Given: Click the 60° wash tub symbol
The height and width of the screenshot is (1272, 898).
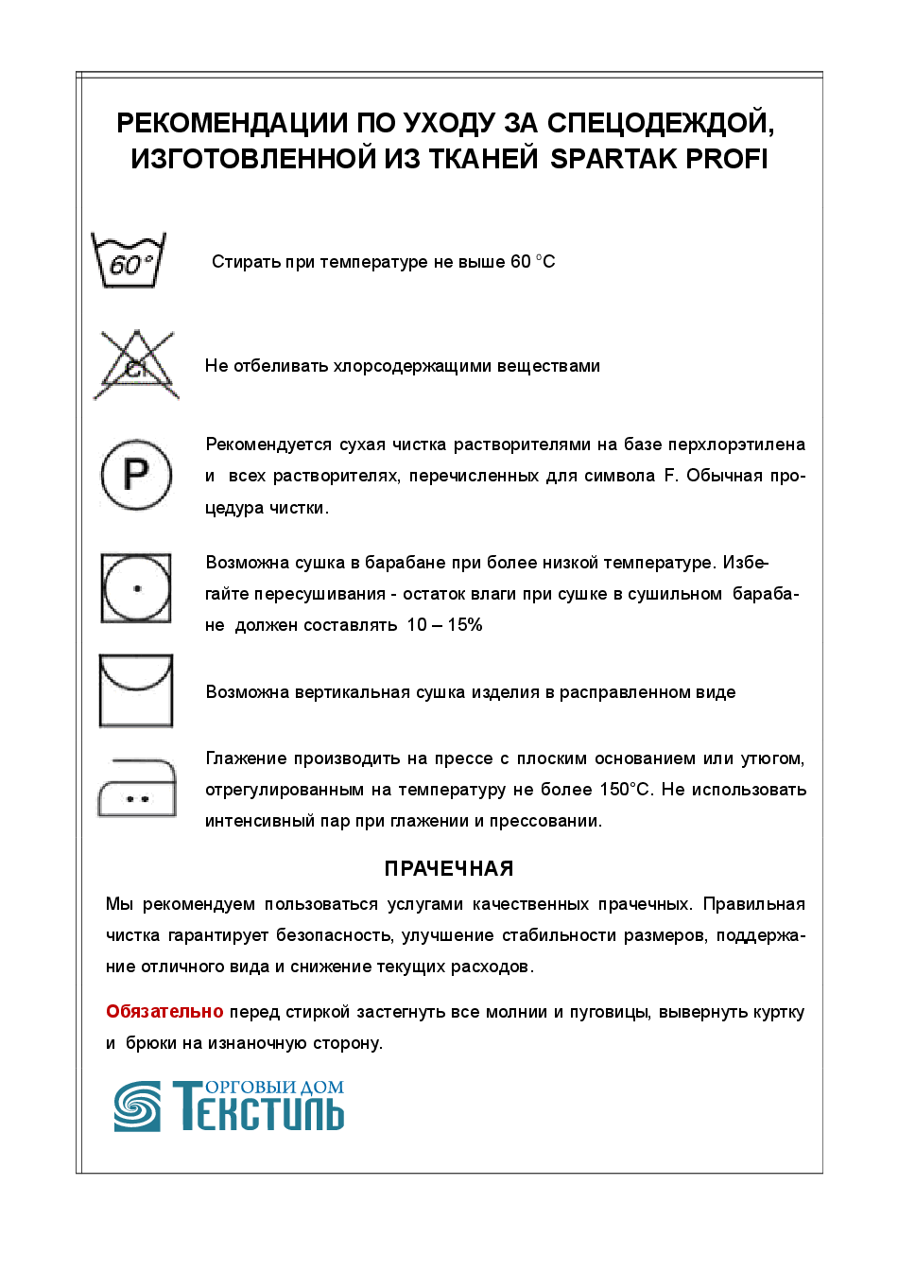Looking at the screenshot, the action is (129, 261).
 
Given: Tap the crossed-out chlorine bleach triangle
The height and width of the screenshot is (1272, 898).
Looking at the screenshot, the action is (136, 364).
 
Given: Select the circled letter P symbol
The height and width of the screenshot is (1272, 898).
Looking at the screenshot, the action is (136, 474).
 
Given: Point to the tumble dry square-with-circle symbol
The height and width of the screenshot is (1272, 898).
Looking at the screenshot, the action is (136, 588).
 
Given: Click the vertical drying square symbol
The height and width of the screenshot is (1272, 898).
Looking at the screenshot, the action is (136, 690).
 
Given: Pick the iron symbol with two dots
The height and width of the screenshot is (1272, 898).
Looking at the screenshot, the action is (137, 788).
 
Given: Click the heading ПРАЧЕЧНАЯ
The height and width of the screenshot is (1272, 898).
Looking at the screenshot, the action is (449, 868).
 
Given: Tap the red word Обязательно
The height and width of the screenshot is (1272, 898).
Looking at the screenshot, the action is (164, 1011).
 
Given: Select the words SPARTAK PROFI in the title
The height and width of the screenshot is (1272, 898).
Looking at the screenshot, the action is (659, 159).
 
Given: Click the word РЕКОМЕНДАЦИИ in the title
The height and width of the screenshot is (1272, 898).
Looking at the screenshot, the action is (233, 123).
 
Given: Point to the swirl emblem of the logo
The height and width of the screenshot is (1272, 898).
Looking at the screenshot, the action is (137, 1106).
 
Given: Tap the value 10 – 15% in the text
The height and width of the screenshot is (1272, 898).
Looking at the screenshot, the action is (444, 624).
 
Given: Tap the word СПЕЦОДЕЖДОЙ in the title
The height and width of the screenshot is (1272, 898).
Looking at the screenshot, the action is (661, 124).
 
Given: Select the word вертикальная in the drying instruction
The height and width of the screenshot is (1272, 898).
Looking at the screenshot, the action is (353, 692).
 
